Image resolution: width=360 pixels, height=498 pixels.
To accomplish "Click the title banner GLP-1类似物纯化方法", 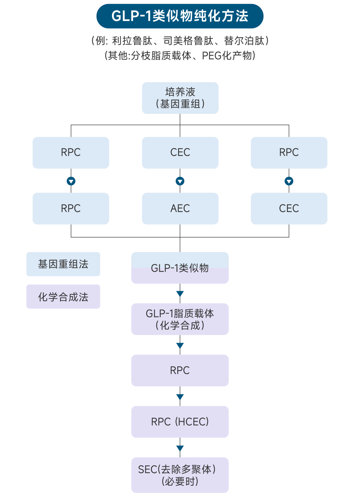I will [180, 16].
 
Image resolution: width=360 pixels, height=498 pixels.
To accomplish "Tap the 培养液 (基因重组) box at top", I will [180, 98].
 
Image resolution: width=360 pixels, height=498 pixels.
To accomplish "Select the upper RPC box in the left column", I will [71, 153].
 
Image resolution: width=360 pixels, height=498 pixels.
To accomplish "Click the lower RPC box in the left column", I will [71, 208].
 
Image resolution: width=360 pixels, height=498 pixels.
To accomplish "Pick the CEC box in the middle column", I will [180, 153].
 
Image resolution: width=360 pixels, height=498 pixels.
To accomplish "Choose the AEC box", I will [180, 208].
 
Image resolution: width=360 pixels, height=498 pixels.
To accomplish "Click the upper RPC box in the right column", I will [289, 153].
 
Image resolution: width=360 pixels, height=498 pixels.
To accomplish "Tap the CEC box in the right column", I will [289, 208].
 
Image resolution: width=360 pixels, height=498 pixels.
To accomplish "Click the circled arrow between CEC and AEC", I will [180, 181].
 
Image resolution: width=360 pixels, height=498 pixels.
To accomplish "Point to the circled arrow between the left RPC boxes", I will [71, 181].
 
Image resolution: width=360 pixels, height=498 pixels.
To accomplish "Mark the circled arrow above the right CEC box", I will [289, 181].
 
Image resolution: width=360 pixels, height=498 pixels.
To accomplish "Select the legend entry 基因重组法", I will [63, 264].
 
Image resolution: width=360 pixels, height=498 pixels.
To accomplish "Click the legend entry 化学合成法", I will [63, 297].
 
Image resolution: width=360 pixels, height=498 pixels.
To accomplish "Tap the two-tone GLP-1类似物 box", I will [180, 268].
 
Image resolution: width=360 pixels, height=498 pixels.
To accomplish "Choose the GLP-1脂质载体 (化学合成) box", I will [180, 319].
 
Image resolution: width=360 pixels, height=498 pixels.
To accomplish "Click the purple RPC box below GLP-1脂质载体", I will [180, 370].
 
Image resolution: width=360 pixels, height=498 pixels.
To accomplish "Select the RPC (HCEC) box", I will [180, 422].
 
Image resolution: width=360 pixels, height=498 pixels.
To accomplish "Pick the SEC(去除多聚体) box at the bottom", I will [180, 475].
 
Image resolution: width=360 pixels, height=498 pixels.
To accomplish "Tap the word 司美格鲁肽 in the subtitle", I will [188, 41].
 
